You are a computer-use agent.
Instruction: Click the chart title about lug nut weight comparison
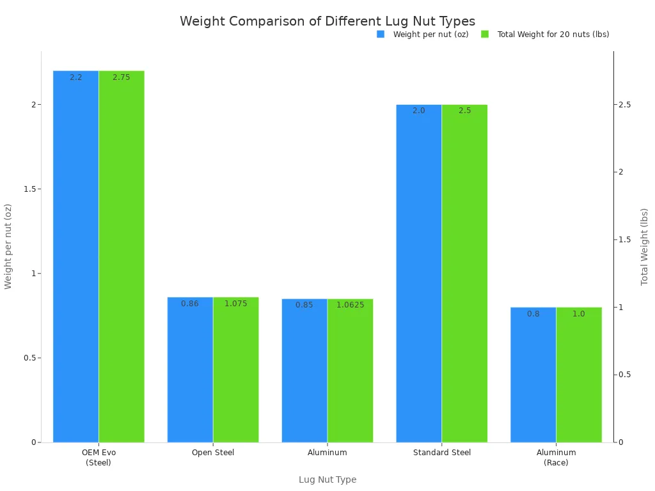pos(327,21)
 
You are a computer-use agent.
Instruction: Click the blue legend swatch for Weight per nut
pos(381,35)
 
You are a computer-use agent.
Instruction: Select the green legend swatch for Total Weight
pos(485,35)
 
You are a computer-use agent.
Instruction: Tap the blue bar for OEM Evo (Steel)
pos(75,256)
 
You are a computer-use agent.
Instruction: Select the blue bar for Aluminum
pos(304,371)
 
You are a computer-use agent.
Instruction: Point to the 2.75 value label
pos(121,77)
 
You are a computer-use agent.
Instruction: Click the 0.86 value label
pos(189,304)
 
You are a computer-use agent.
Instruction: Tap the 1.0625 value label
pos(350,305)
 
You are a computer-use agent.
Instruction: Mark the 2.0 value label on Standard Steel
pos(418,111)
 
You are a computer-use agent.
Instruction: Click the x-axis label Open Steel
pos(213,453)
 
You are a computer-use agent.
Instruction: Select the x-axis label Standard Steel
pos(441,453)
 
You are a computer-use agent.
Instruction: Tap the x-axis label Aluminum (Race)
pos(556,457)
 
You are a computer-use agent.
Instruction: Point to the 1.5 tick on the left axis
pos(29,189)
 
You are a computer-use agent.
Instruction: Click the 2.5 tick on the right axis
pos(624,105)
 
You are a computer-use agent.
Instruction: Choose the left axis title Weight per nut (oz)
pos(8,246)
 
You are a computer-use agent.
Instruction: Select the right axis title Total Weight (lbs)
pos(644,246)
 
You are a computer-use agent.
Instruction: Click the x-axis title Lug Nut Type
pos(327,479)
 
